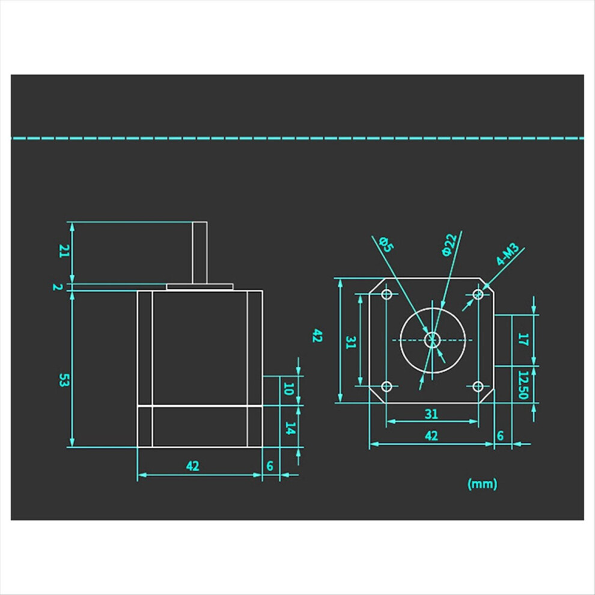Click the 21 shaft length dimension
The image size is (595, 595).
click(x=64, y=251)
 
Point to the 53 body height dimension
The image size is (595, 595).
click(x=64, y=380)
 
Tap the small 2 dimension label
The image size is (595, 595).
click(x=57, y=287)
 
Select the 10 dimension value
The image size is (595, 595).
click(x=288, y=389)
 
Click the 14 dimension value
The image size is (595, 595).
click(x=290, y=429)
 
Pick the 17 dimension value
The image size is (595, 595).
click(x=523, y=339)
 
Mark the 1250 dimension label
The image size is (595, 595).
click(x=523, y=385)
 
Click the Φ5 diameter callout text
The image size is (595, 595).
click(x=386, y=244)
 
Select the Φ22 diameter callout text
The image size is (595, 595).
click(x=450, y=245)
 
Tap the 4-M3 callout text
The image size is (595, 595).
click(x=508, y=254)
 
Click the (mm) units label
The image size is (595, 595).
click(x=482, y=484)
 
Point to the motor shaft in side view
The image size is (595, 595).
click(x=200, y=252)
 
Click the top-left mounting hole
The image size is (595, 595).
click(x=386, y=294)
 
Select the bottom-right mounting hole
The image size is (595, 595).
click(x=478, y=386)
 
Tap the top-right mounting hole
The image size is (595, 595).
click(x=478, y=294)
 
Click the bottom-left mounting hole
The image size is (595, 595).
click(x=386, y=386)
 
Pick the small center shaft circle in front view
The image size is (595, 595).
click(x=432, y=340)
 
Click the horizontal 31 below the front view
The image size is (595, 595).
click(x=432, y=413)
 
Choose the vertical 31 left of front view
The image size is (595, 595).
click(x=351, y=343)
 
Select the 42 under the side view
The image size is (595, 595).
click(x=193, y=466)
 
